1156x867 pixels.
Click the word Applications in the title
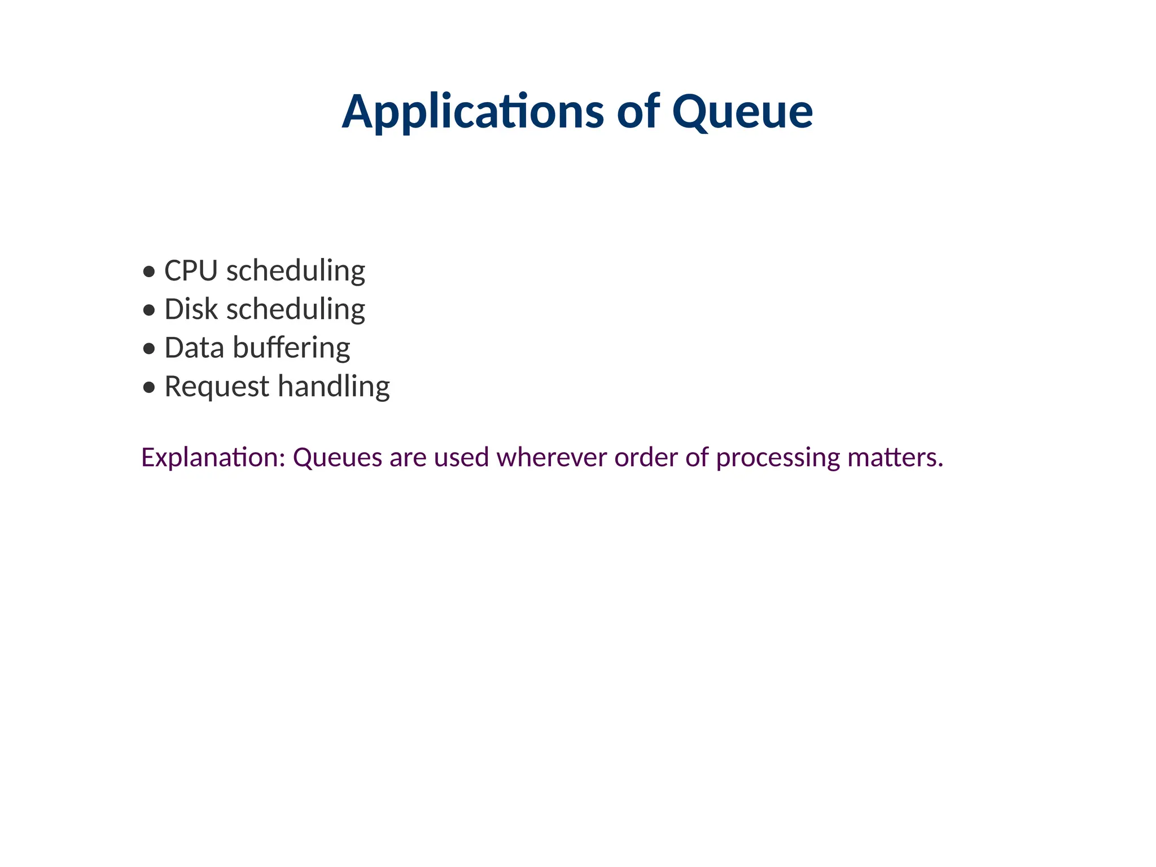pos(472,112)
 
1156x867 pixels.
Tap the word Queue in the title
pos(742,112)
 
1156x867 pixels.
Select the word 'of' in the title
pos(638,112)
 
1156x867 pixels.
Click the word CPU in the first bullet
pos(191,271)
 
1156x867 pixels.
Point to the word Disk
pos(191,310)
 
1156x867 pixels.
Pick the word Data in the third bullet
pos(194,348)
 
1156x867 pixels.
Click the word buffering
pos(291,348)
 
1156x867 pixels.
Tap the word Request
pos(217,387)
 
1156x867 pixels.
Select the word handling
pos(334,387)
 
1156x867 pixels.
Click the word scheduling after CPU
pos(296,271)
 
